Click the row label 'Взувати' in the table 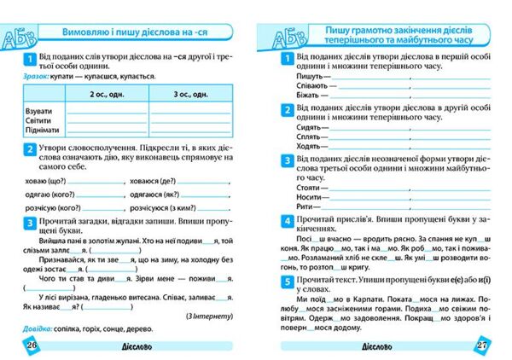(x=38, y=111)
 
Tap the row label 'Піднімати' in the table (x=43, y=131)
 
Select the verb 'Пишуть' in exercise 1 (x=309, y=74)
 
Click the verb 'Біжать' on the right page (x=308, y=95)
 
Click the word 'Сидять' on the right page (x=309, y=125)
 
